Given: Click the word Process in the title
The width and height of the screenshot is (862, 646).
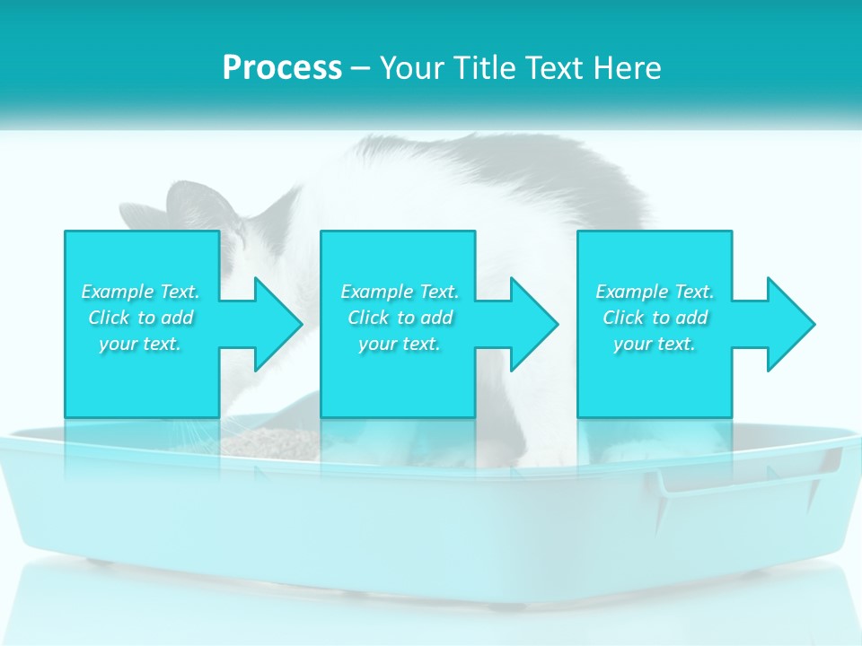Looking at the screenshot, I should (282, 68).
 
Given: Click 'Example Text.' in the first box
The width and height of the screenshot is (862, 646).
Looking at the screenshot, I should (140, 292).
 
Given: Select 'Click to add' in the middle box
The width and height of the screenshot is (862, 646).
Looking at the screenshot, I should (400, 318).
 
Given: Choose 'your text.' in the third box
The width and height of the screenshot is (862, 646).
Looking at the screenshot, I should (654, 344).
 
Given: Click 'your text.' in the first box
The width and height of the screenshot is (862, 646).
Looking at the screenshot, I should (140, 344).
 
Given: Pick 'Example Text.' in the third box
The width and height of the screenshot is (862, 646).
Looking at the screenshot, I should (654, 292).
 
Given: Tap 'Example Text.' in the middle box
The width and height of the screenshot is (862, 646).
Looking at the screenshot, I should (400, 292).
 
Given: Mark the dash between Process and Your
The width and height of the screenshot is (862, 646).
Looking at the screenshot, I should (361, 68).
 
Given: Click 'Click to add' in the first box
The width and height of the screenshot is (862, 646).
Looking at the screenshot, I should (140, 318).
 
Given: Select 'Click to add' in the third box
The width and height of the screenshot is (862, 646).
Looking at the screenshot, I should (654, 318).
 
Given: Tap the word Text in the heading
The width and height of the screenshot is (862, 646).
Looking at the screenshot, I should (552, 68).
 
